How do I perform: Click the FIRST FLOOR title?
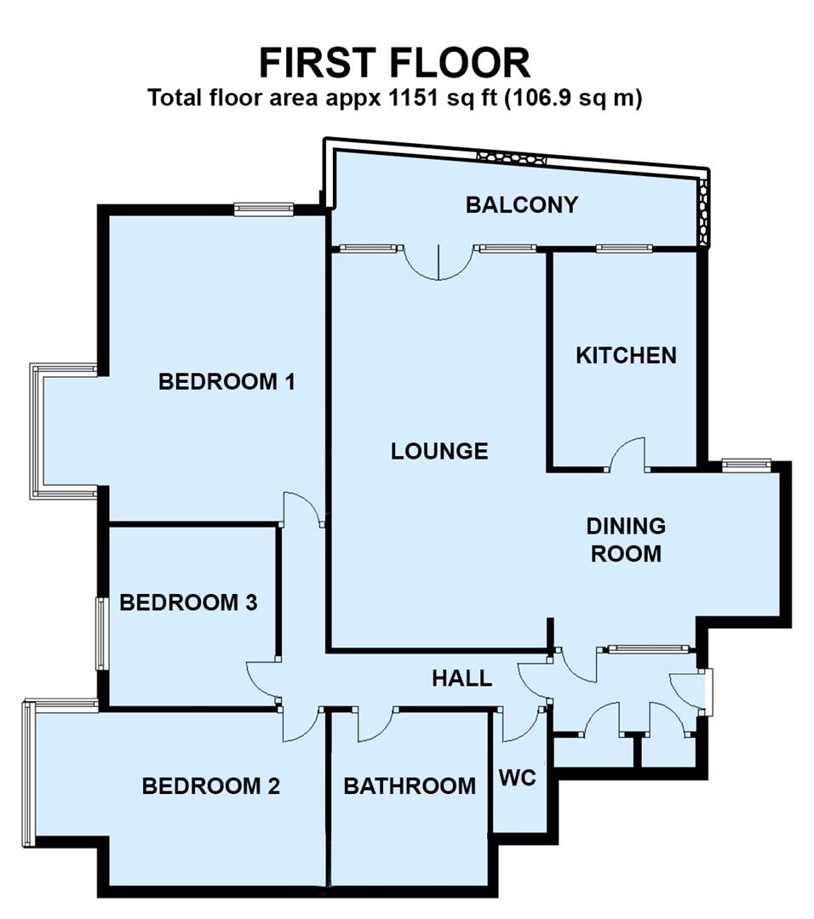[x=394, y=64]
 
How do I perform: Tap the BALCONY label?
[x=521, y=204]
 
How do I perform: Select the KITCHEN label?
[x=626, y=355]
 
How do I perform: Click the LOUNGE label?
[x=439, y=451]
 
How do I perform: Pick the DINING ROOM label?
[x=626, y=539]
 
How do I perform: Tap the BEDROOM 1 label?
[x=226, y=381]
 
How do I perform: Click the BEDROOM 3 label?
[x=188, y=602]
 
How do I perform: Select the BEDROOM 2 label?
[x=210, y=785]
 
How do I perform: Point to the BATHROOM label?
[x=410, y=785]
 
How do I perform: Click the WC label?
[x=518, y=778]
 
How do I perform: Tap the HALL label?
[x=461, y=678]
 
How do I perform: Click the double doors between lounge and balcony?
[x=438, y=262]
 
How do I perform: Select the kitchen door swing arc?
[x=628, y=454]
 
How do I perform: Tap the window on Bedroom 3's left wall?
[x=100, y=633]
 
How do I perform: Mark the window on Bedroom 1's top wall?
[x=264, y=209]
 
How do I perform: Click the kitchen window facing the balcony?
[x=624, y=248]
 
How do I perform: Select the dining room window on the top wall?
[x=746, y=464]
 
